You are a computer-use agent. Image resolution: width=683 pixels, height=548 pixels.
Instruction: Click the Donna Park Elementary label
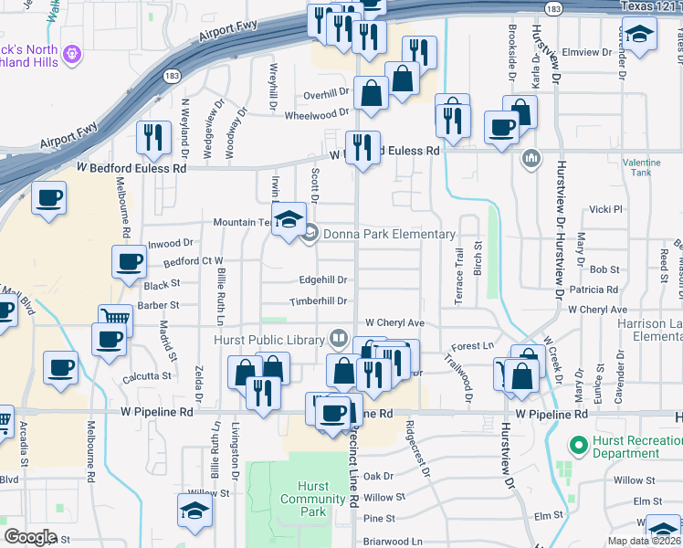388,235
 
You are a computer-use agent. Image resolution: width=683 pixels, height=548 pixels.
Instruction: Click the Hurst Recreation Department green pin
576,446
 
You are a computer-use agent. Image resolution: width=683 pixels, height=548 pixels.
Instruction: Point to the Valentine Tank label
641,167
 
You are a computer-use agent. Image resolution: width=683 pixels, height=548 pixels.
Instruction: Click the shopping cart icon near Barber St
115,319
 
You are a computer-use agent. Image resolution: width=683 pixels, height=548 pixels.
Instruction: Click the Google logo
29,536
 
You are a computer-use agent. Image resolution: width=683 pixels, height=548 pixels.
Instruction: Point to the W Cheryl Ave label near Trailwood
394,323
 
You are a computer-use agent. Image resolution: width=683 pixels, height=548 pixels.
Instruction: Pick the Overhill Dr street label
326,94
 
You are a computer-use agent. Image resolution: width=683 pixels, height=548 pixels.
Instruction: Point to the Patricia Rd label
594,290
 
